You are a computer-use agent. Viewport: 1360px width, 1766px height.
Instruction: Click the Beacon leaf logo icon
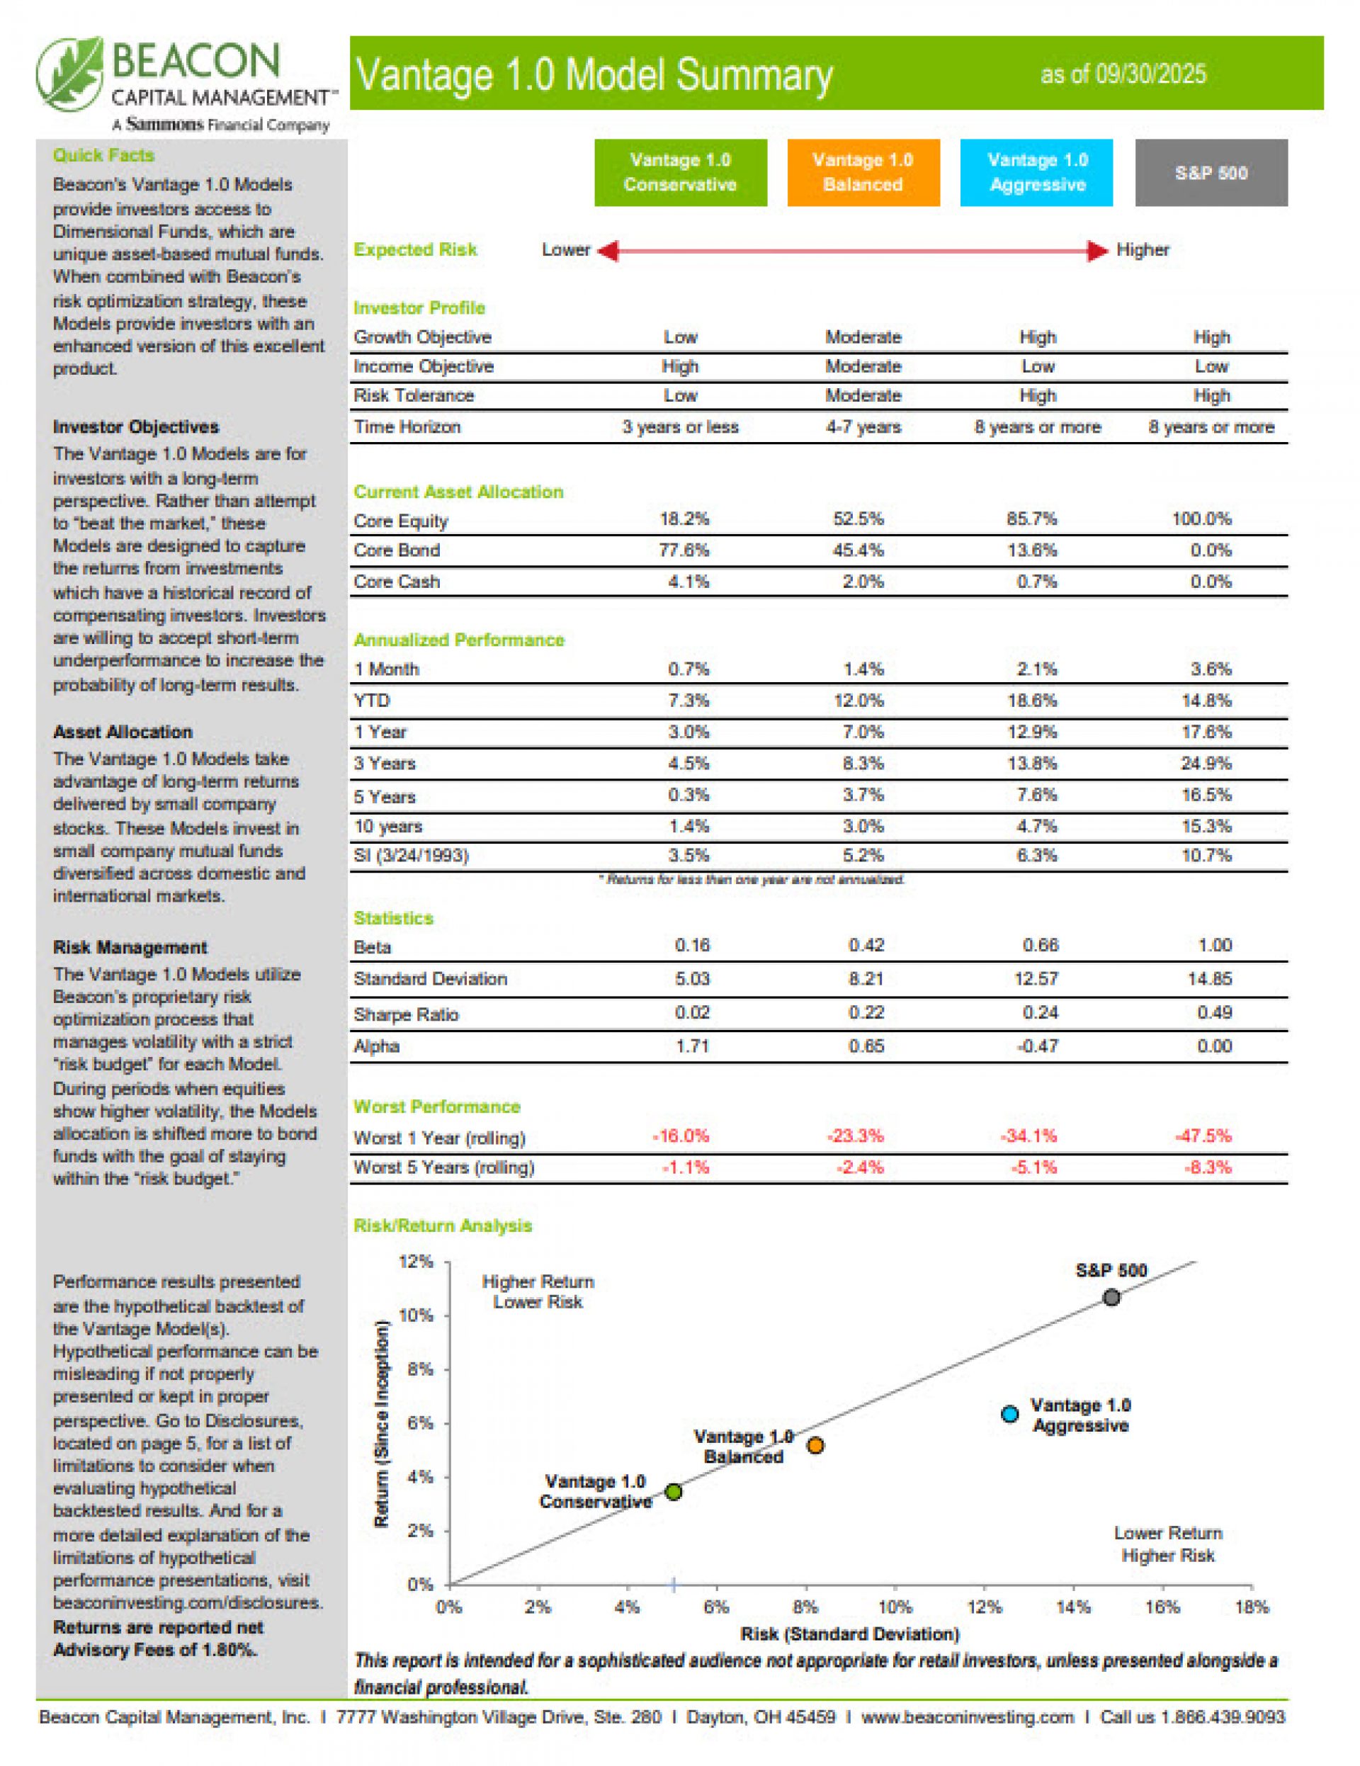pos(70,74)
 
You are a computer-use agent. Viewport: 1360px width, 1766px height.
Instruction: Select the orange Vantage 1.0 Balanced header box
pos(863,172)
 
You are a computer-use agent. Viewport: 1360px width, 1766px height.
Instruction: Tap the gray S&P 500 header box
pos(1211,172)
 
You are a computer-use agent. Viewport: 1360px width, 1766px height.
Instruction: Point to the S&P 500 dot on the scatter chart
pos(1112,1298)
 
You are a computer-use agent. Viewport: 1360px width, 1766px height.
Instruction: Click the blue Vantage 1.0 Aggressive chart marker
pos(1010,1414)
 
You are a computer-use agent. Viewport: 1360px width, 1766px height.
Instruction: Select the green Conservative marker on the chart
pos(674,1492)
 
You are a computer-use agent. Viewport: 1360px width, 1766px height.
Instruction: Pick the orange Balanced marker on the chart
pos(815,1445)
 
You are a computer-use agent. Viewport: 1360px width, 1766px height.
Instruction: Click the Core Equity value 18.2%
pos(684,519)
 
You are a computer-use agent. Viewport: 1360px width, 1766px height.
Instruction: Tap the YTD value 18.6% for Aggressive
pos(1032,701)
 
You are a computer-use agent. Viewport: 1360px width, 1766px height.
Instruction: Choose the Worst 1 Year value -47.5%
pos(1203,1136)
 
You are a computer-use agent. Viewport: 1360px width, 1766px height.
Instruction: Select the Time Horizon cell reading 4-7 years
pos(863,427)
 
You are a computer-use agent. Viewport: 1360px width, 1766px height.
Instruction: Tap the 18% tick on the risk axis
pos(1251,1607)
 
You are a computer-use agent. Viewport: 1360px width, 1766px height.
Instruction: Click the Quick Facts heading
pos(103,155)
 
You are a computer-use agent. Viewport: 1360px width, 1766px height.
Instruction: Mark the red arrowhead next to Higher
pos(1096,251)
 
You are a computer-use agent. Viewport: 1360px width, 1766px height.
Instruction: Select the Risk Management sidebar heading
pos(130,947)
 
